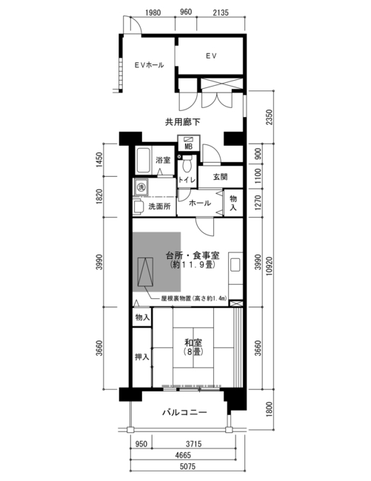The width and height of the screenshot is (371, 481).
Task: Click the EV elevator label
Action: pyautogui.click(x=211, y=55)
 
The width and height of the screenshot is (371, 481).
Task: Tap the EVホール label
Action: pyautogui.click(x=149, y=65)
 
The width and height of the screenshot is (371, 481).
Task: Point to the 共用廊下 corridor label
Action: pyautogui.click(x=183, y=122)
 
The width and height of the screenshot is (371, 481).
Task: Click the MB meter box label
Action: pyautogui.click(x=188, y=147)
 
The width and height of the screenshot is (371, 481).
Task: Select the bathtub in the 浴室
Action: pyautogui.click(x=144, y=160)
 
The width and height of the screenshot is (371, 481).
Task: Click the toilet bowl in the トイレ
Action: pyautogui.click(x=187, y=165)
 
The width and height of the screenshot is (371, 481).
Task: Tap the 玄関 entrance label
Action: pyautogui.click(x=221, y=177)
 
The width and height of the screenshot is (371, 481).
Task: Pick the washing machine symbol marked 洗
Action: pyautogui.click(x=141, y=186)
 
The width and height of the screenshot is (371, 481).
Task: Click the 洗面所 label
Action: pyautogui.click(x=159, y=206)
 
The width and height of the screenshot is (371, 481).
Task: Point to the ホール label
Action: pyautogui.click(x=200, y=203)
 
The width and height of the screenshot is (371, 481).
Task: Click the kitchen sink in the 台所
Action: pyautogui.click(x=235, y=265)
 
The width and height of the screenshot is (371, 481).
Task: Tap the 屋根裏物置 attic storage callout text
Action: pyautogui.click(x=194, y=298)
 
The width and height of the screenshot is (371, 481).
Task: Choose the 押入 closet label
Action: pyautogui.click(x=142, y=357)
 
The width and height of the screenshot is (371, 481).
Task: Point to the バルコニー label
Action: pyautogui.click(x=184, y=412)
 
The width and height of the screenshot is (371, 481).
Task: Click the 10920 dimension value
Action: pyautogui.click(x=269, y=266)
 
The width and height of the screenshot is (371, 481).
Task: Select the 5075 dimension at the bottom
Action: pyautogui.click(x=187, y=467)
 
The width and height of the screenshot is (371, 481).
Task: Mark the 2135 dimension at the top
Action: pyautogui.click(x=221, y=13)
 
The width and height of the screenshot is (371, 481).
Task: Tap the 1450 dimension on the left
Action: pyautogui.click(x=99, y=160)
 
